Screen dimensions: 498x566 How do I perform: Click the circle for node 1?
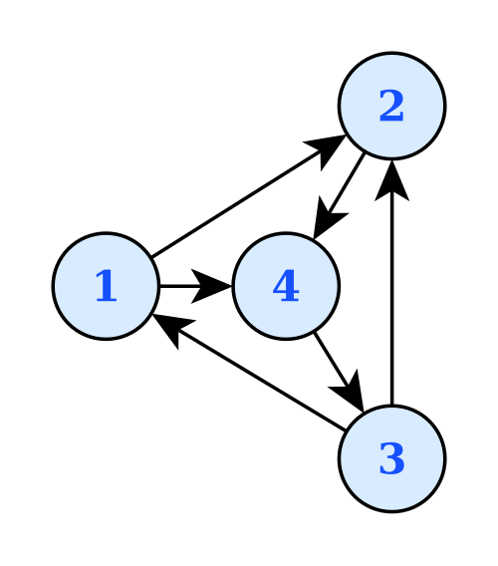[106, 286]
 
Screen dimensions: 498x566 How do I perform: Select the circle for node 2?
[392, 106]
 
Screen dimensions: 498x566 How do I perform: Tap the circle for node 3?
[392, 458]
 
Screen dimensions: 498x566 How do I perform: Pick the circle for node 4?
[286, 286]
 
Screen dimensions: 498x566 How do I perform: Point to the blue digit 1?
[107, 286]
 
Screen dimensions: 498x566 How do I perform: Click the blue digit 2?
[391, 106]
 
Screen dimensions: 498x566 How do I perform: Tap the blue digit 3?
[391, 458]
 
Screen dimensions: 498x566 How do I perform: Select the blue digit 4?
[286, 286]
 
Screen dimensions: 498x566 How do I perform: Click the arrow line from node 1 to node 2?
[249, 196]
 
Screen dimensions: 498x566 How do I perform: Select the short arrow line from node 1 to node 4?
[195, 286]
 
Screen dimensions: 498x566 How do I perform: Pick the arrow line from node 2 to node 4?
[339, 196]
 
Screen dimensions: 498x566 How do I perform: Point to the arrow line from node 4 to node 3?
[339, 372]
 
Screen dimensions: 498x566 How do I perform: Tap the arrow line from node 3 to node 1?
[249, 372]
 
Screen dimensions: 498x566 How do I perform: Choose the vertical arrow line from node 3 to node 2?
[392, 282]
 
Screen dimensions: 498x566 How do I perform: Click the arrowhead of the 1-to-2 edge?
[327, 150]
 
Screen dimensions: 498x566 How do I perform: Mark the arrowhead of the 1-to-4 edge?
[211, 286]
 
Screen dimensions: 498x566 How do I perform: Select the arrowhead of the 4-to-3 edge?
[350, 392]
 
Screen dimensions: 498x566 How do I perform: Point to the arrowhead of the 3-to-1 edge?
[172, 329]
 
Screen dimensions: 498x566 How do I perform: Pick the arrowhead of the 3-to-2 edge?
[392, 180]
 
